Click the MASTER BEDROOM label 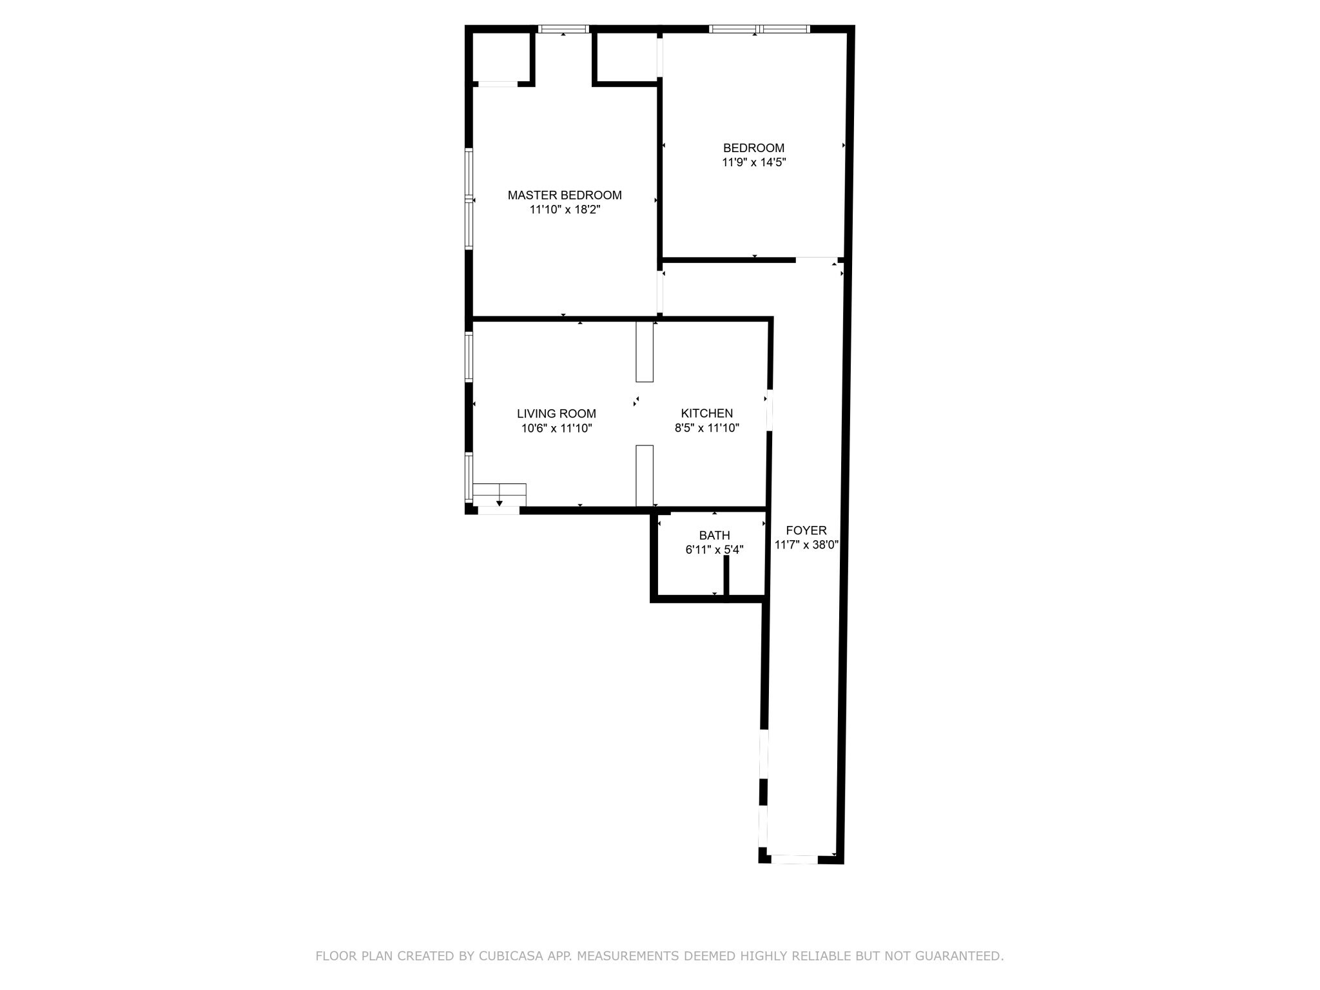[x=565, y=195]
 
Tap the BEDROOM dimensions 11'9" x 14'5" [x=753, y=162]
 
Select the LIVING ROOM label [x=556, y=414]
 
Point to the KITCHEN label [x=707, y=414]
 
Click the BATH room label [x=714, y=536]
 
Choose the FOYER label [x=806, y=530]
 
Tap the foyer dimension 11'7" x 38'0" [x=806, y=545]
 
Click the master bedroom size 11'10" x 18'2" [x=565, y=210]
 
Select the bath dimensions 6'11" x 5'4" [x=714, y=550]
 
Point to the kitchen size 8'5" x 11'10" [x=707, y=428]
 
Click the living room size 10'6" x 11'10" [x=556, y=428]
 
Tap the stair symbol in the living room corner [x=500, y=495]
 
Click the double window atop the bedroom [x=759, y=29]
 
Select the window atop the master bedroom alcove [x=563, y=29]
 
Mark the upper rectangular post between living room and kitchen [x=645, y=351]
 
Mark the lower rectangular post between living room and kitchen [x=645, y=476]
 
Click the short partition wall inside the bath [x=726, y=576]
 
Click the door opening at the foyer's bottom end [x=794, y=859]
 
